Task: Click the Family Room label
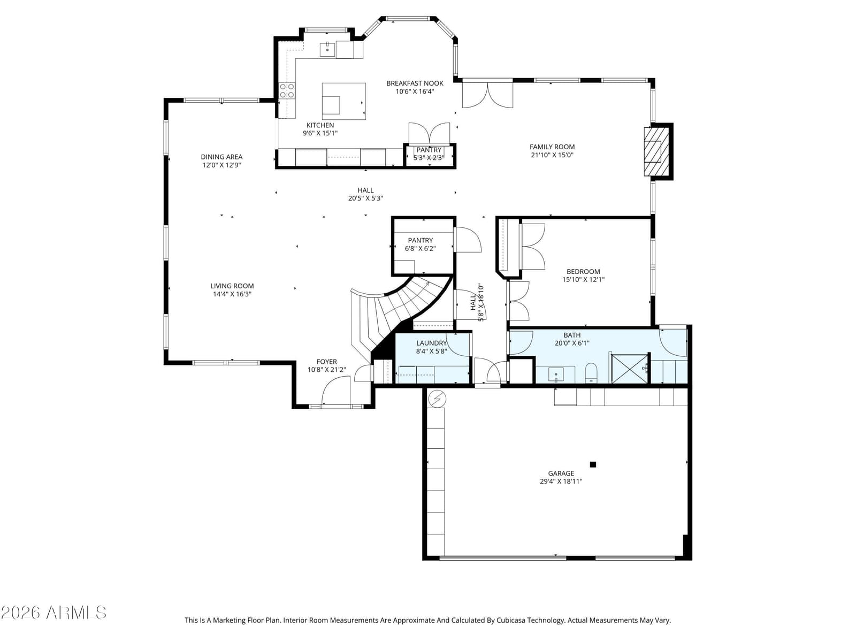tap(552, 147)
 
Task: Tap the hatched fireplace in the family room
tap(655, 151)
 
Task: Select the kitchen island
tap(343, 101)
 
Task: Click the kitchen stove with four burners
tap(287, 90)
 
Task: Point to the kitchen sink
tap(327, 50)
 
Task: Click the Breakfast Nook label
tap(415, 83)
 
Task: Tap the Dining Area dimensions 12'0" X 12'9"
tap(221, 165)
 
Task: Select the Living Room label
tap(232, 286)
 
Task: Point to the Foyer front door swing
tap(335, 390)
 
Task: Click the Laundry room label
tap(431, 343)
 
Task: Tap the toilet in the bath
tap(591, 373)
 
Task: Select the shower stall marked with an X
tap(629, 369)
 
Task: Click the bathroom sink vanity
tap(555, 374)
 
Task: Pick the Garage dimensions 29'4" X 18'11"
tap(561, 481)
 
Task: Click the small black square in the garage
tap(593, 464)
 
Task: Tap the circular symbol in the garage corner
tap(437, 399)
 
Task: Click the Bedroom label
tap(583, 271)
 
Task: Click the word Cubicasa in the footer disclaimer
tap(510, 620)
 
